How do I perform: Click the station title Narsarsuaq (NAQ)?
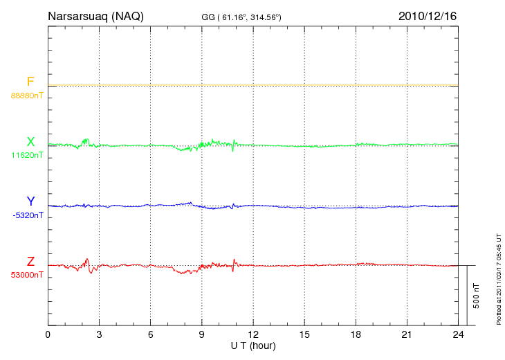coord(95,16)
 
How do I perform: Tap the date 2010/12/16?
coord(427,16)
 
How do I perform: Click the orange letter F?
coord(30,82)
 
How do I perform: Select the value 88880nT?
coord(28,95)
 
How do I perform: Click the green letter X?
coord(30,142)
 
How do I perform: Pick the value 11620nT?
coord(28,155)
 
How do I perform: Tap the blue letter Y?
coord(30,201)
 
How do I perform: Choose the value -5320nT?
coord(28,215)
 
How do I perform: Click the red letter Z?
coord(30,262)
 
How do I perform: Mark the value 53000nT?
coord(28,275)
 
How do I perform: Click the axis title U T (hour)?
coord(252,345)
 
